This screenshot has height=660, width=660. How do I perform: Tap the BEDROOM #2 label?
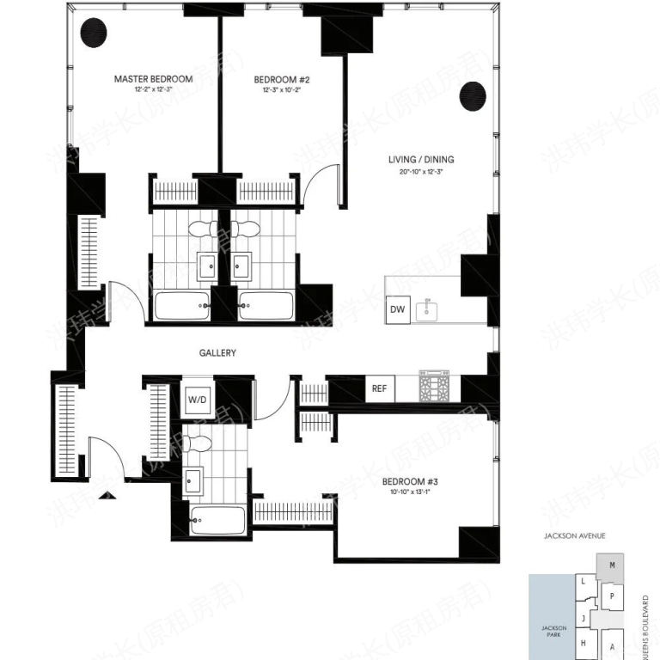pyautogui.click(x=281, y=79)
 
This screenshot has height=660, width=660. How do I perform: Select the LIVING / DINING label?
pyautogui.click(x=421, y=159)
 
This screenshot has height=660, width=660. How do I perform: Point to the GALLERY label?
pyautogui.click(x=217, y=353)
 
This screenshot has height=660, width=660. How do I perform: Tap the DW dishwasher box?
pyautogui.click(x=397, y=309)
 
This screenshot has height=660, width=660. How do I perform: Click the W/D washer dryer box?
pyautogui.click(x=198, y=399)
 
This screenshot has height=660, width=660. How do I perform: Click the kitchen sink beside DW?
pyautogui.click(x=426, y=309)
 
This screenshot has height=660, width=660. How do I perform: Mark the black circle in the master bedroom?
pyautogui.click(x=93, y=34)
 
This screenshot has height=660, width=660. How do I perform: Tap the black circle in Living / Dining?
pyautogui.click(x=472, y=96)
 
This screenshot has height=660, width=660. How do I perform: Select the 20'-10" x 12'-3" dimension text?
pyautogui.click(x=421, y=171)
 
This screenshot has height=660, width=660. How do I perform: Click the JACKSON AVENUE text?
pyautogui.click(x=575, y=535)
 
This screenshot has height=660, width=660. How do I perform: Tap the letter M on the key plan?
pyautogui.click(x=611, y=565)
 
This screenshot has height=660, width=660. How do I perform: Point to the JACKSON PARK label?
pyautogui.click(x=553, y=632)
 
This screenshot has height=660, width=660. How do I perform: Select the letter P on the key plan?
pyautogui.click(x=611, y=596)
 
